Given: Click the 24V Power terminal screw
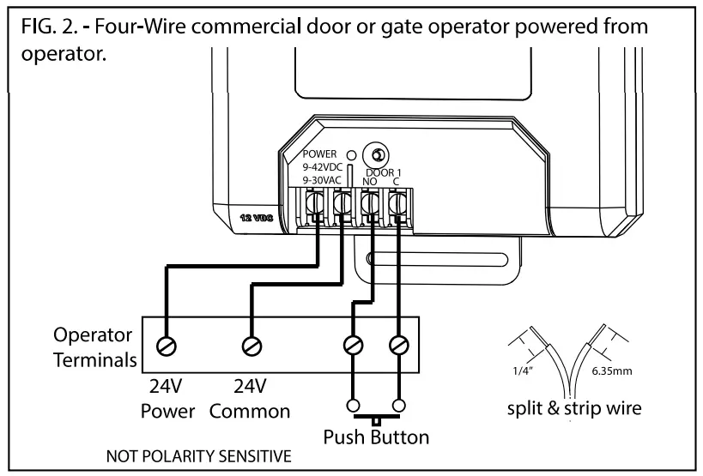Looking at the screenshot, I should click(167, 346).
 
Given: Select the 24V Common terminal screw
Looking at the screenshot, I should click(251, 346).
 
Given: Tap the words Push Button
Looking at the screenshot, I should click(376, 437).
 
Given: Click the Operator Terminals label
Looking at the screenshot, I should click(93, 346).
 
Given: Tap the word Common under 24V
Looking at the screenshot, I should click(250, 411).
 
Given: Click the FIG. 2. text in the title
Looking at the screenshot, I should click(52, 27).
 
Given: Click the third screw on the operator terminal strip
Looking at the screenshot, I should click(353, 346).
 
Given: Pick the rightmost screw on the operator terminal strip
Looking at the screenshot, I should click(399, 346).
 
